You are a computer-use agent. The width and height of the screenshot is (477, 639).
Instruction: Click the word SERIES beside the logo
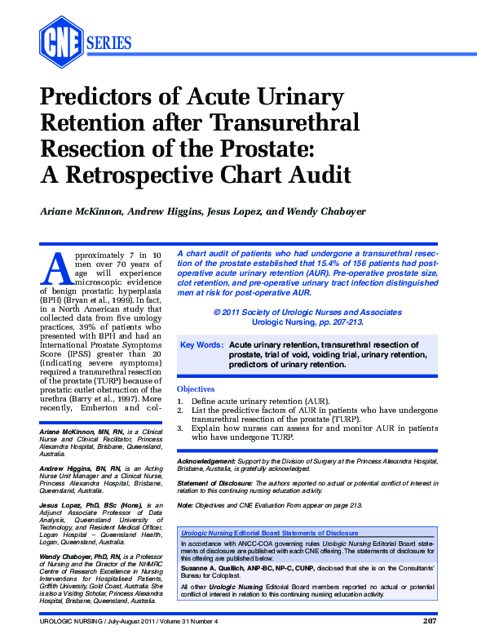pyautogui.click(x=108, y=42)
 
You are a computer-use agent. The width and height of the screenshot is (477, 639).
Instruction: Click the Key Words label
pyautogui.click(x=201, y=345)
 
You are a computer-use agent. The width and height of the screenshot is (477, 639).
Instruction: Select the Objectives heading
pyautogui.click(x=196, y=389)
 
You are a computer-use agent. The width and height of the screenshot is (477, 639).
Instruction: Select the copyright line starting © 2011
pyautogui.click(x=307, y=313)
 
